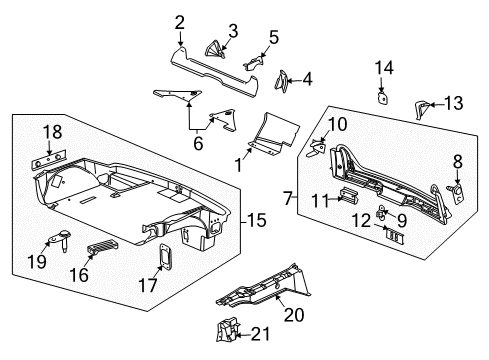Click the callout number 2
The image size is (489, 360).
tap(180, 22)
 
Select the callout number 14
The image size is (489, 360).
tap(383, 67)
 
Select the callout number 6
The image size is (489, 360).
tap(197, 144)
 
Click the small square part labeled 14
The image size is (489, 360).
tap(383, 97)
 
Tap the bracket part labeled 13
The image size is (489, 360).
tap(422, 104)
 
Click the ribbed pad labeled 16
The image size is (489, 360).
tap(102, 248)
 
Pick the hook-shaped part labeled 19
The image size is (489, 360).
tap(57, 239)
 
